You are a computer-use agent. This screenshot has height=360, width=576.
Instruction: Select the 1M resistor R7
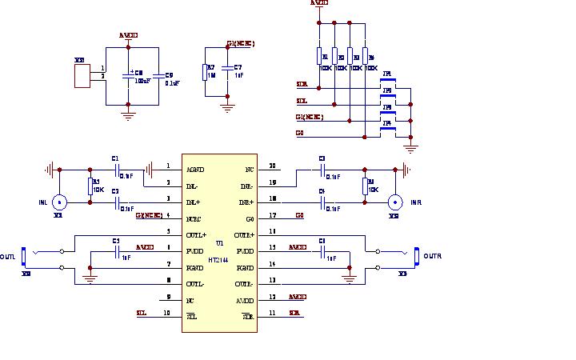(210, 71)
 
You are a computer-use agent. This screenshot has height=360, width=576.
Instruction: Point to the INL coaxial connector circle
(58, 202)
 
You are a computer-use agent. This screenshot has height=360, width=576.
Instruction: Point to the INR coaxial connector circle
(394, 202)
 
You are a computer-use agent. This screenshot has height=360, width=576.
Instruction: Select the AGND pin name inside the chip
(195, 169)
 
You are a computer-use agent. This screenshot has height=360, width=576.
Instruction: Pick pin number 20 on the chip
(272, 166)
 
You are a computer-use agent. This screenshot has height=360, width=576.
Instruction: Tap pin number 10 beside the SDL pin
(167, 313)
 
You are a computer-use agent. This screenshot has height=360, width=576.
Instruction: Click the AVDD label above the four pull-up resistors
(318, 3)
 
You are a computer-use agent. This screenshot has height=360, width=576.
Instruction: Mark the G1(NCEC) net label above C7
(241, 42)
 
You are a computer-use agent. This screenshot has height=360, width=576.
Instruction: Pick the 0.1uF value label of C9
(171, 82)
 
